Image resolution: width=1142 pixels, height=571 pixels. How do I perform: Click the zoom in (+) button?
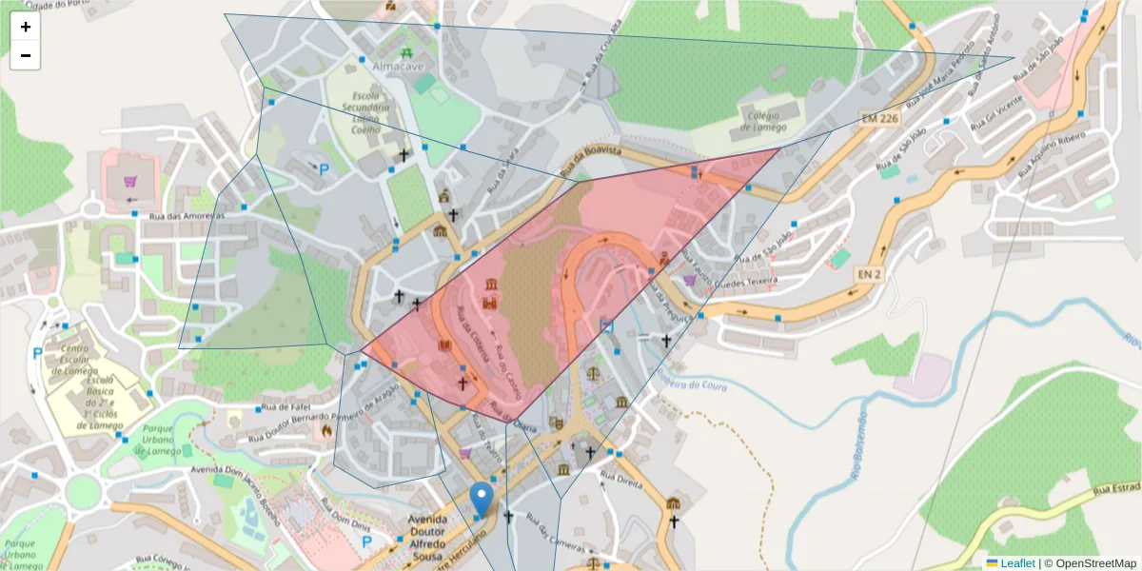(26, 27)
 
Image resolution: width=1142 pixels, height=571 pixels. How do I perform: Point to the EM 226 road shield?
(878, 119)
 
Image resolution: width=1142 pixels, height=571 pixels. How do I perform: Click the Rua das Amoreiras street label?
(186, 216)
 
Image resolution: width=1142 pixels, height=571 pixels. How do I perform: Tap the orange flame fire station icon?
(326, 430)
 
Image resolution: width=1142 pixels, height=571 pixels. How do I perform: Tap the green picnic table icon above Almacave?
(406, 51)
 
